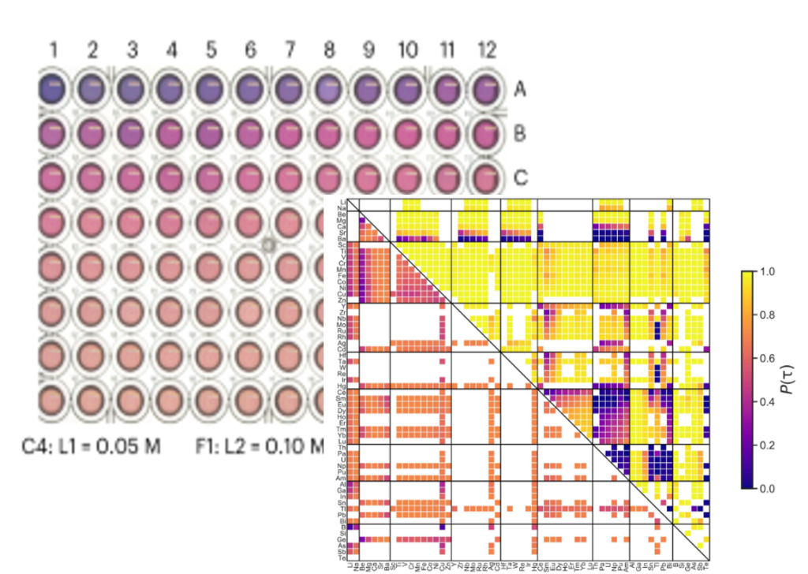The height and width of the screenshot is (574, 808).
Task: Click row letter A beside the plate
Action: click(520, 90)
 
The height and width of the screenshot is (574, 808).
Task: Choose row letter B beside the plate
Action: click(520, 132)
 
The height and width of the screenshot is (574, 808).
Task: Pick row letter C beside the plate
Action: click(520, 177)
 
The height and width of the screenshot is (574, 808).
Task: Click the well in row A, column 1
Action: click(54, 90)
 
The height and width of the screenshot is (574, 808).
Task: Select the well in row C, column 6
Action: click(251, 177)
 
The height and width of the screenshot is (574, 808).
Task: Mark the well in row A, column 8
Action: click(329, 90)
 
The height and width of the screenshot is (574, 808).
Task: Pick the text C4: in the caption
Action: click(36, 447)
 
